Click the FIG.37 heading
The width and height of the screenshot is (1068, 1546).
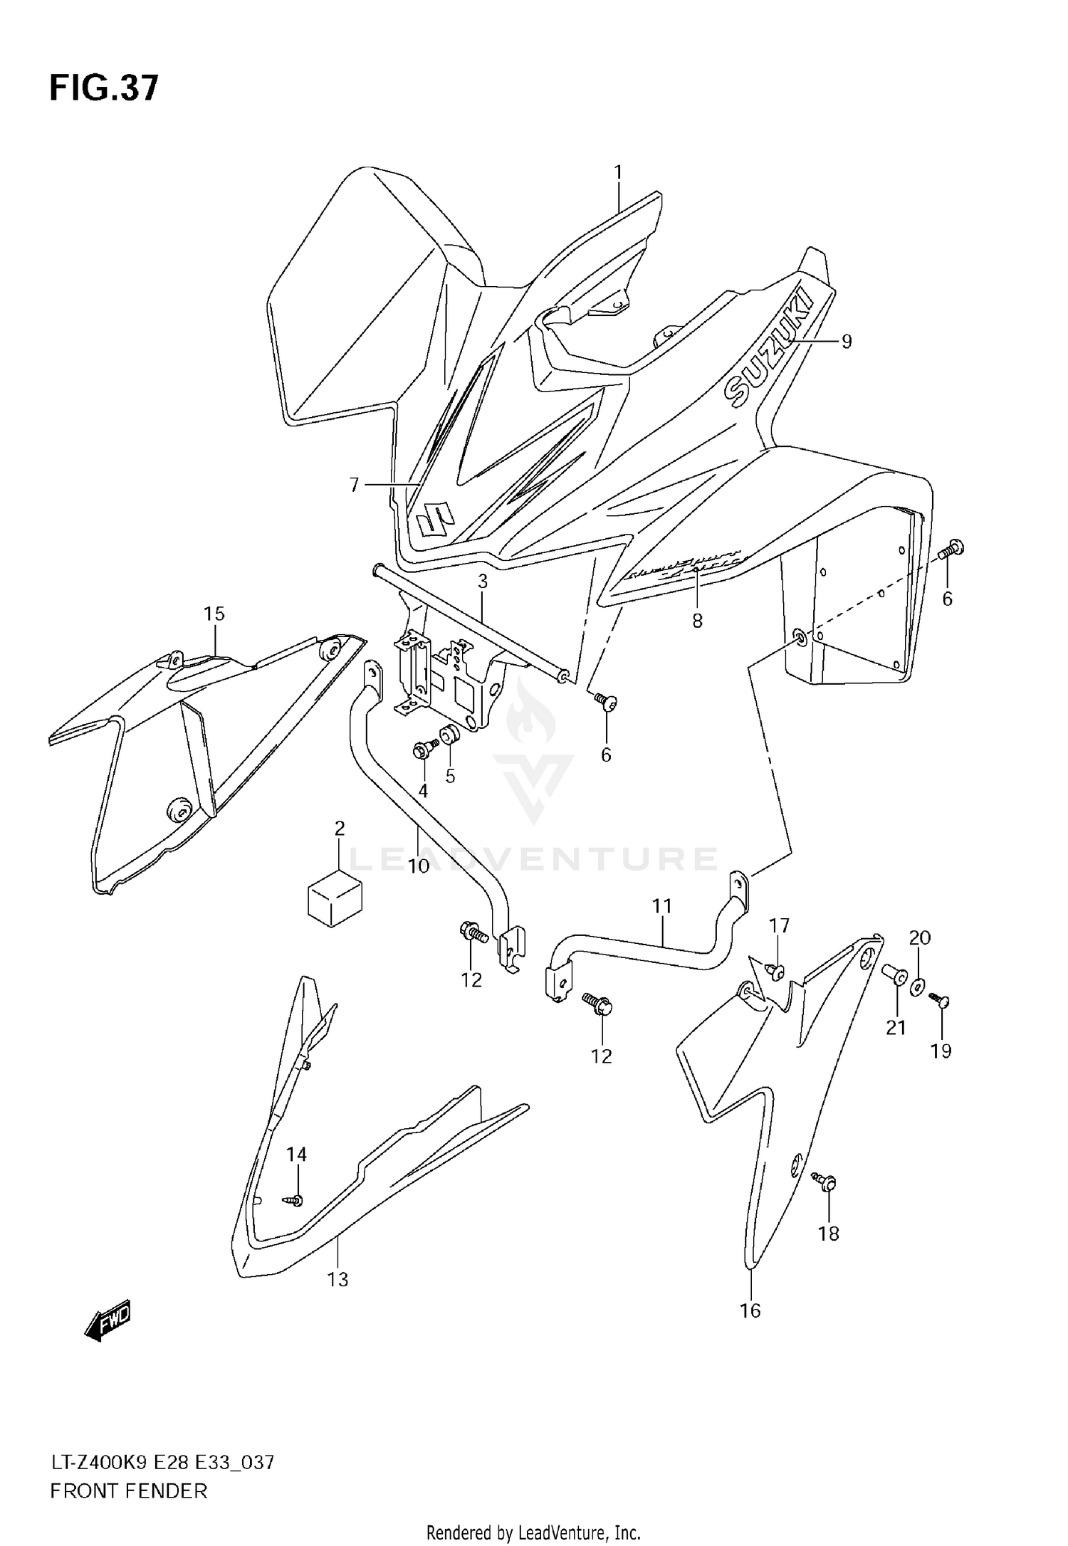tap(104, 90)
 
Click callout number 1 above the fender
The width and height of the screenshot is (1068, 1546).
tap(618, 172)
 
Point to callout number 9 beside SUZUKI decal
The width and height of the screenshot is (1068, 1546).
tap(846, 342)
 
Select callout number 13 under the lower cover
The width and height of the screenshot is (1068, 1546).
tap(337, 1280)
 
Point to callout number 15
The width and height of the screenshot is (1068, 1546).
tap(214, 614)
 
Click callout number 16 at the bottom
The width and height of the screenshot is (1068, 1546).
tap(750, 1310)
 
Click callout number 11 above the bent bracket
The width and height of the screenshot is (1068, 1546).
tap(662, 906)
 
